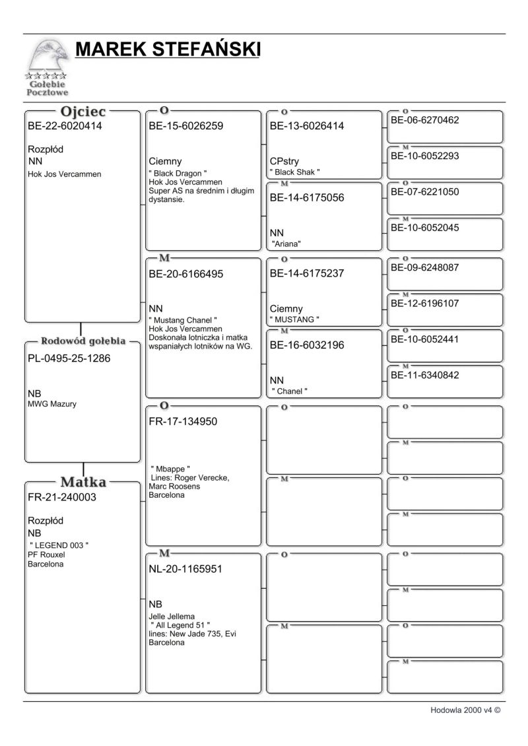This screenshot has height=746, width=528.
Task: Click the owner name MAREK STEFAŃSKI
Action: point(168,50)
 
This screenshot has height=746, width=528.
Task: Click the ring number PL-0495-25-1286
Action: point(69,358)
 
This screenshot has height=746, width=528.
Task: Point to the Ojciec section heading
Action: point(83,111)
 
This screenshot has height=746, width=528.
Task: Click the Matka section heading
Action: point(83,482)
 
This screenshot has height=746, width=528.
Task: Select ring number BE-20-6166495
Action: point(186,273)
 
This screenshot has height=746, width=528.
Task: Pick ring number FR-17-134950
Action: point(183,421)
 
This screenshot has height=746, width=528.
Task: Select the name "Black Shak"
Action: point(295,172)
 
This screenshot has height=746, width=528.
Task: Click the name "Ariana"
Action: point(286,244)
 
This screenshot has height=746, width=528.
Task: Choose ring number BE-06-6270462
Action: point(425,120)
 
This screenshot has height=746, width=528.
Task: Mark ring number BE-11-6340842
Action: point(425,376)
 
